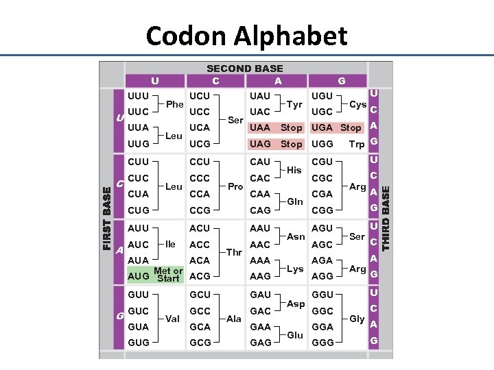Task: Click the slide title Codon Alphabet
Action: point(246,35)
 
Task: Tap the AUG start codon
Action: point(138,276)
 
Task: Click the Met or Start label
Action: point(168,275)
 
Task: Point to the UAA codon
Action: point(260,127)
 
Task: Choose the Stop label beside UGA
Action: point(351,127)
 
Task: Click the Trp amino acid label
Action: point(357,144)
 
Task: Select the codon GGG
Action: point(322,342)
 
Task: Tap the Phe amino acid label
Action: point(175,104)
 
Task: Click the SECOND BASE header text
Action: point(245,69)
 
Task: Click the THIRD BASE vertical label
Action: point(386,217)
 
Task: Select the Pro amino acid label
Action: point(235,186)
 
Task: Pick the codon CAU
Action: point(260,162)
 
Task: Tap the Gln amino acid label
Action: point(295,202)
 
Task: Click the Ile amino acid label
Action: point(171,244)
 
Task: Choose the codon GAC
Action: point(260,310)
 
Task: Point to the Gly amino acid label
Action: point(357,319)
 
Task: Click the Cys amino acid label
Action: point(357,104)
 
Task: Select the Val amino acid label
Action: point(173,319)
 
